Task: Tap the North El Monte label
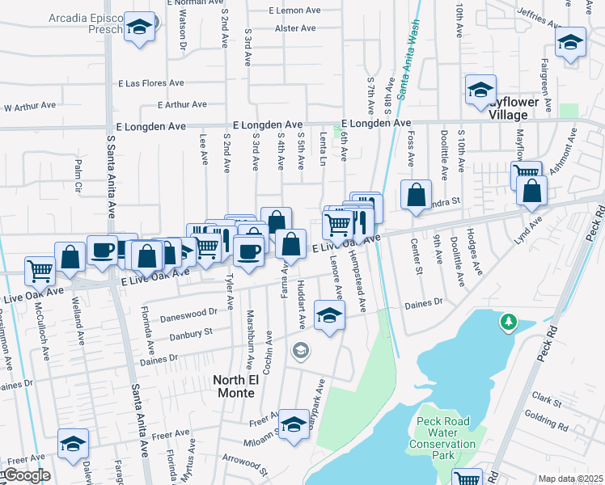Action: (x=234, y=386)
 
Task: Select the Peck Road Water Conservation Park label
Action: (x=442, y=438)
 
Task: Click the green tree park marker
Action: (x=508, y=323)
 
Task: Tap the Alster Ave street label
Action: (x=295, y=28)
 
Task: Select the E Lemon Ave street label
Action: (x=299, y=11)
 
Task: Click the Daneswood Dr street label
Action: (x=190, y=311)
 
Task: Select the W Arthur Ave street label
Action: (x=30, y=106)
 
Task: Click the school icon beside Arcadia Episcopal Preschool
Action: (x=140, y=27)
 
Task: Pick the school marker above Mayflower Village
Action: (x=480, y=91)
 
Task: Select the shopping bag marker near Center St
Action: (x=416, y=195)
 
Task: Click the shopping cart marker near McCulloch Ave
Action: (x=40, y=271)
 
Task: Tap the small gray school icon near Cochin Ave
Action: (x=301, y=350)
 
